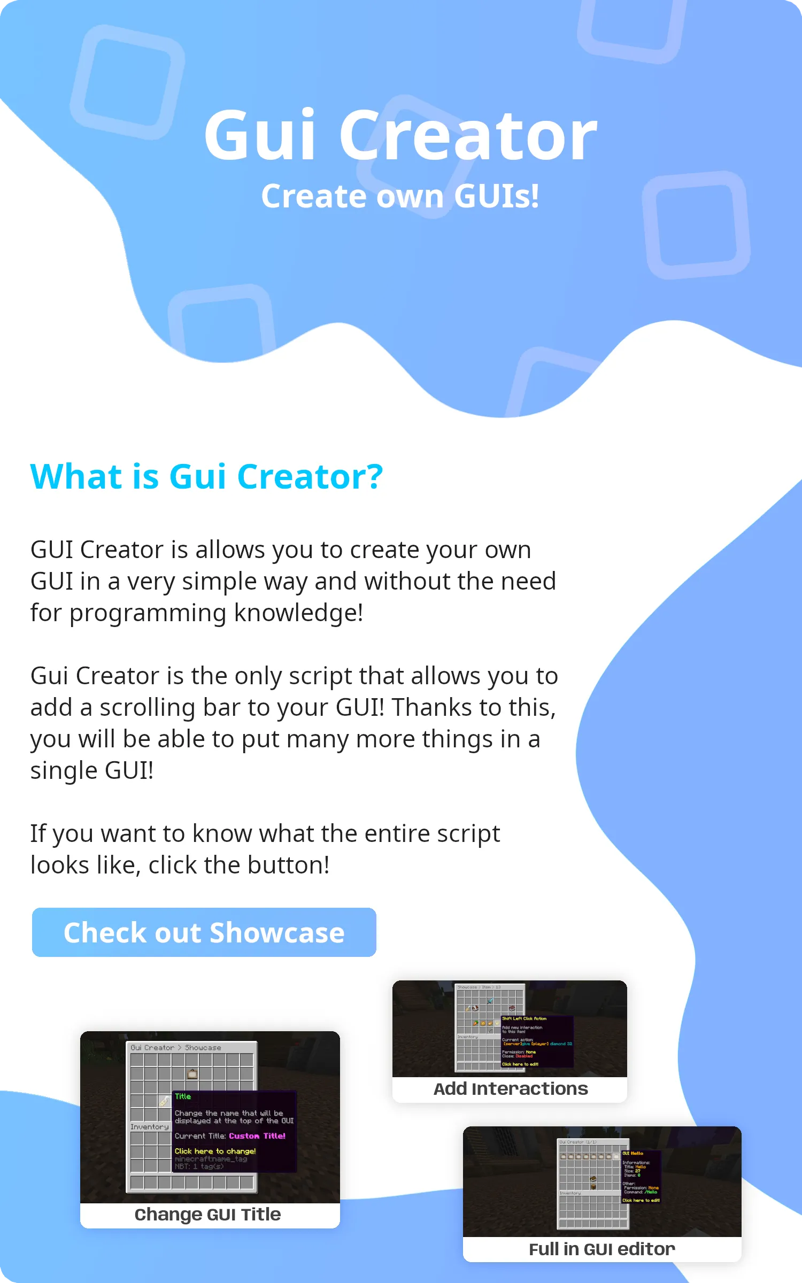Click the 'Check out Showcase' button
click(x=204, y=932)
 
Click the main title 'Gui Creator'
click(x=400, y=135)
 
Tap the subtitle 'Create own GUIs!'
click(x=400, y=196)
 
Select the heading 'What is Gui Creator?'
click(x=206, y=476)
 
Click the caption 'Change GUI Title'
click(x=207, y=1215)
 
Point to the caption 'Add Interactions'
click(x=510, y=1089)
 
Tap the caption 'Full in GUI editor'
click(x=601, y=1249)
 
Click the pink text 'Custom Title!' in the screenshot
click(x=257, y=1136)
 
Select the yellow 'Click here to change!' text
click(x=215, y=1151)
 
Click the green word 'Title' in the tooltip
click(x=183, y=1096)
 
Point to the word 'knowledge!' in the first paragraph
click(x=298, y=613)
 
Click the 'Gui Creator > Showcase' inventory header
click(x=176, y=1048)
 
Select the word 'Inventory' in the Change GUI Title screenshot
click(x=150, y=1127)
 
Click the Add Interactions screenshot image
click(x=510, y=1029)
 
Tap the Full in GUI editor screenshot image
click(x=601, y=1182)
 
